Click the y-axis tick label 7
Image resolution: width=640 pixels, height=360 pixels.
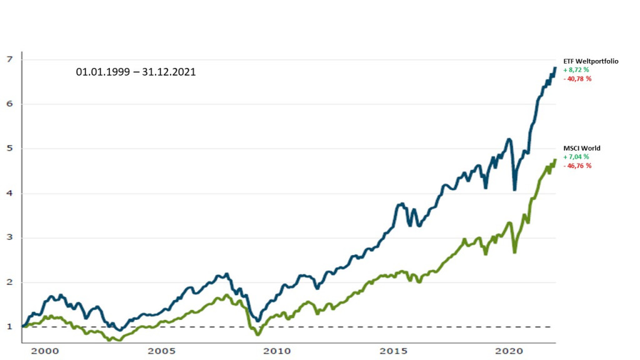(9, 59)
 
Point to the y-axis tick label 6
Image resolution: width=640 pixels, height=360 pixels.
(9, 104)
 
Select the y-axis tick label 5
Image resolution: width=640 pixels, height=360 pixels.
(9, 149)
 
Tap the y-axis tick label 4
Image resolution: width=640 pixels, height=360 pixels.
(9, 193)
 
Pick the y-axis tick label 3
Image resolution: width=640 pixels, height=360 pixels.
(9, 237)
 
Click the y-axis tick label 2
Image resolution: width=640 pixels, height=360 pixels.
(9, 282)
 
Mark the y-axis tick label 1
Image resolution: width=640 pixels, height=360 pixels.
(9, 327)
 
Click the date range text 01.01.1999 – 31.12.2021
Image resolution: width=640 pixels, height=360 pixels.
(136, 72)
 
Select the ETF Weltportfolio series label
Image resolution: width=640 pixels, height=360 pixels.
(591, 60)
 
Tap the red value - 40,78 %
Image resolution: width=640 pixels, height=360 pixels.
(577, 79)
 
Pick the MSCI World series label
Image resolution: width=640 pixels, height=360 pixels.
(581, 148)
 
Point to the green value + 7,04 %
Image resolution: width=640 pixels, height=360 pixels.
(576, 157)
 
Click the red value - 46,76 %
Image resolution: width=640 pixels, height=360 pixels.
(577, 166)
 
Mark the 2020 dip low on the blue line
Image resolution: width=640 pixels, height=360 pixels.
(514, 189)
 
